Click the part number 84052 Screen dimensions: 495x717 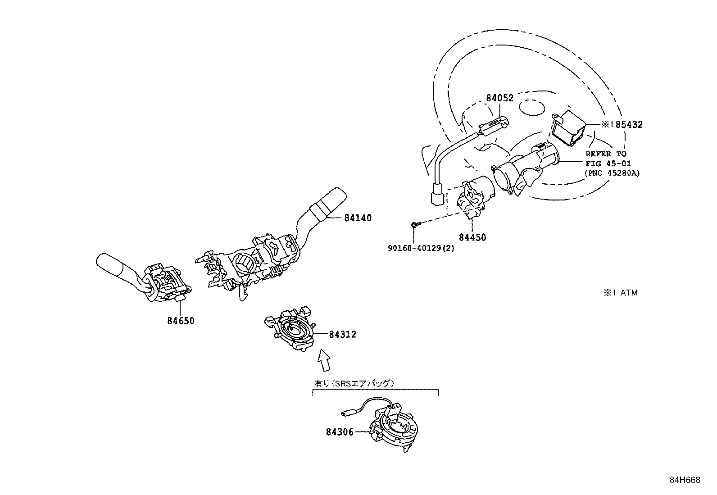[499, 98]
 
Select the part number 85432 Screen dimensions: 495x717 [629, 125]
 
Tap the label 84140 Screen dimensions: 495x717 [358, 218]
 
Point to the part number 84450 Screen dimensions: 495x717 [472, 237]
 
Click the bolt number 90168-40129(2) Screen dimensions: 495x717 [421, 248]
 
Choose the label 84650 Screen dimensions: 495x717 [181, 321]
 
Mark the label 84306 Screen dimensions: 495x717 [340, 432]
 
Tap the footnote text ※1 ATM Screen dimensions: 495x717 [621, 293]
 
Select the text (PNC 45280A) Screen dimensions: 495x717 [612, 173]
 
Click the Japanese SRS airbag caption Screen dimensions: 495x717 [354, 384]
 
